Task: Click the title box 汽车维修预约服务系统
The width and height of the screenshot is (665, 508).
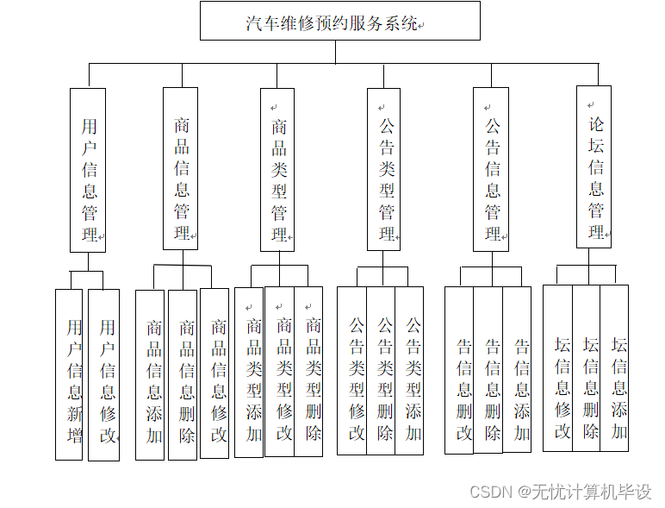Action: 339,22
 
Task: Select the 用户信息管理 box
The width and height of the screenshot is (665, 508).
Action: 88,170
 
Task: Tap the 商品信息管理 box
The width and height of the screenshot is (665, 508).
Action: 181,168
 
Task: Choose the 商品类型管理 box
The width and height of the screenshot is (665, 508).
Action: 279,170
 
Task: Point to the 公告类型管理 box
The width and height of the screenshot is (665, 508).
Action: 384,169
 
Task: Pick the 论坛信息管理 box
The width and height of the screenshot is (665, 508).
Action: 594,166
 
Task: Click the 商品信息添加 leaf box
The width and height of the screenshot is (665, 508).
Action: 151,374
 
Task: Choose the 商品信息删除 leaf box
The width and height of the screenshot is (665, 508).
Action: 183,374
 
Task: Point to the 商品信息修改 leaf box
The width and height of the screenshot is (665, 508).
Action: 215,373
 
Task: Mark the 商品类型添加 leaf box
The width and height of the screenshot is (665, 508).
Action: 250,372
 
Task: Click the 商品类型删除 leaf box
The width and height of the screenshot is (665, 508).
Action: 309,372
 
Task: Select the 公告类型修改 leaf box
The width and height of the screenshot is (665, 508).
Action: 352,371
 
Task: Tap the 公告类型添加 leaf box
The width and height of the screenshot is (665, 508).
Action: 410,371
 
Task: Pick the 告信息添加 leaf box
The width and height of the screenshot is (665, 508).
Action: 518,371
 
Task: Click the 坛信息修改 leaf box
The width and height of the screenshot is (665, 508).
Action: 558,368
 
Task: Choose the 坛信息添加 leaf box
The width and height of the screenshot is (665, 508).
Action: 615,368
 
